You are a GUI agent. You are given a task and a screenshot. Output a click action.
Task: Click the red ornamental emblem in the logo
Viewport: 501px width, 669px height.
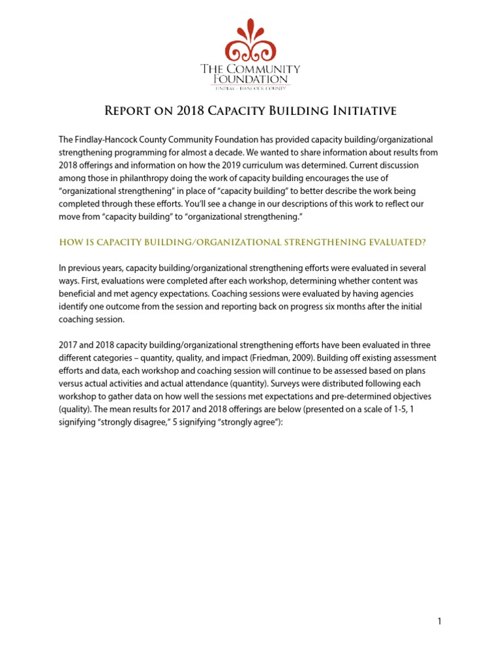pyautogui.click(x=250, y=41)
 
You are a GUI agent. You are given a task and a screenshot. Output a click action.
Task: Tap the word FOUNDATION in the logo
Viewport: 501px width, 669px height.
pyautogui.click(x=250, y=79)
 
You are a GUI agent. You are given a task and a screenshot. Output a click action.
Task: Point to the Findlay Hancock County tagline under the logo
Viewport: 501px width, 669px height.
pyautogui.click(x=250, y=88)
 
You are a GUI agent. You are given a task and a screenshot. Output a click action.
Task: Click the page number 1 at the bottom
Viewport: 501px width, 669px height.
pyautogui.click(x=440, y=621)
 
